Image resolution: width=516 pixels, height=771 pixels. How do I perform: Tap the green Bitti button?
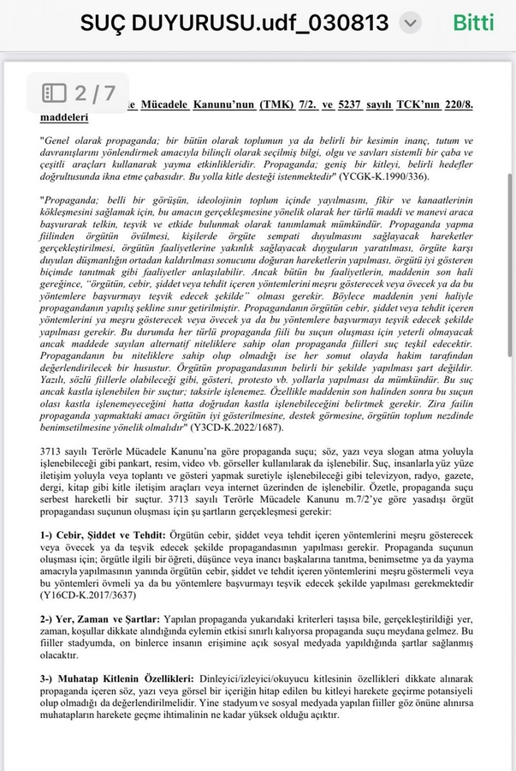(474, 22)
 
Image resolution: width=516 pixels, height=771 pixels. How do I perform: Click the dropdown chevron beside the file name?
(411, 22)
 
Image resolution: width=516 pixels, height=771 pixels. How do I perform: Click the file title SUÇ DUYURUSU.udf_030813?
(234, 22)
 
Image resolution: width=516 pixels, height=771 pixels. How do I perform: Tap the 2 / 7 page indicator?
(95, 93)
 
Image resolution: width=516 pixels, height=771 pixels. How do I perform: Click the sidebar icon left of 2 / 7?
(55, 93)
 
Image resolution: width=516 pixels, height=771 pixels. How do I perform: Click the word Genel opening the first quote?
(59, 140)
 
